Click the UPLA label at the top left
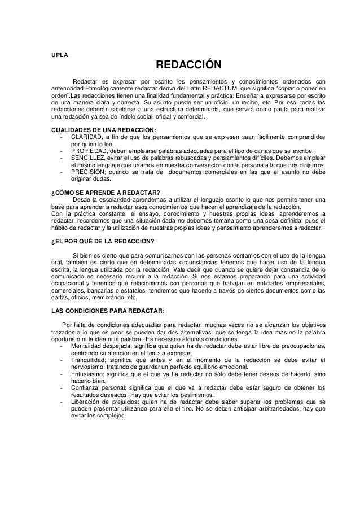click(x=58, y=55)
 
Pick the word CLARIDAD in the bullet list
click(x=85, y=138)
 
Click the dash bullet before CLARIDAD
click(x=60, y=138)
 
